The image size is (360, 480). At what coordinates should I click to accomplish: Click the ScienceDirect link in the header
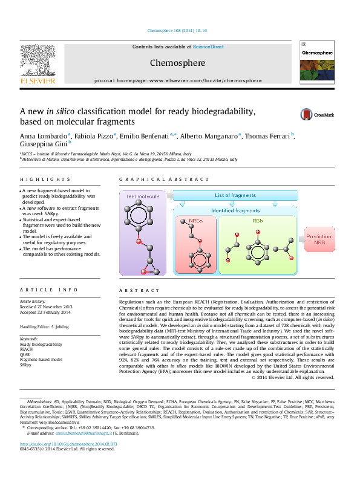click(208, 47)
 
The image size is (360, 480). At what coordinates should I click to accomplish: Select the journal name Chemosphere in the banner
click(177, 63)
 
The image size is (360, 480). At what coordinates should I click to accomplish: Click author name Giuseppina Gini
click(44, 144)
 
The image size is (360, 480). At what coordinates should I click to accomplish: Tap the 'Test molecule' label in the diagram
click(143, 197)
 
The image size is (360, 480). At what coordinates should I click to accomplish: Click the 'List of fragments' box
click(235, 195)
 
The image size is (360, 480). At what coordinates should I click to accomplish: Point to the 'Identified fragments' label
click(235, 210)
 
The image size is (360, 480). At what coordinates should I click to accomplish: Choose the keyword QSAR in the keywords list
click(26, 354)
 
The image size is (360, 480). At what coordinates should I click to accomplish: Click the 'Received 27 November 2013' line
click(45, 306)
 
